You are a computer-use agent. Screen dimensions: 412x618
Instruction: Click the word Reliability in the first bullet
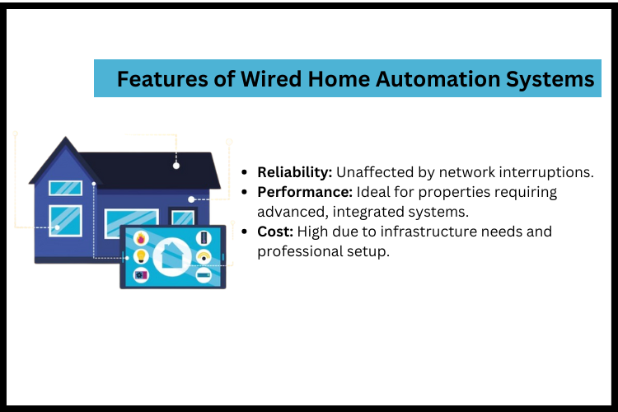coord(293,172)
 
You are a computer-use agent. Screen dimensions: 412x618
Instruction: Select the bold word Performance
coord(304,192)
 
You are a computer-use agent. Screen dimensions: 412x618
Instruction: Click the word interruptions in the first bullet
coord(552,172)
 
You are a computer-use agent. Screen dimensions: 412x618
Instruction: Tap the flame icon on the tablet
coord(140,240)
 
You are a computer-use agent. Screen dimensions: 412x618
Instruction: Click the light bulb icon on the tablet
coord(140,257)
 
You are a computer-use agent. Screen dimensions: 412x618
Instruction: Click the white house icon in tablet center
coord(172,257)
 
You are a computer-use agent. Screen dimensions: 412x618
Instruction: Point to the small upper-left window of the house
coord(65,188)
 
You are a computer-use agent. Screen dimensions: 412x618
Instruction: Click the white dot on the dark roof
coord(176,166)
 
